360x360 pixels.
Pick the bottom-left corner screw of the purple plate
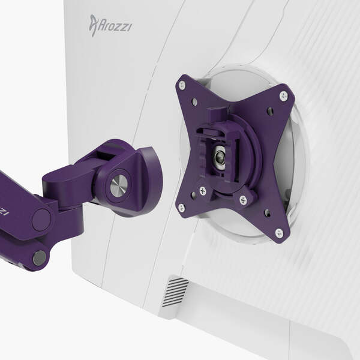pyautogui.click(x=181, y=208)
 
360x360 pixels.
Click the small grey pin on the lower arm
pyautogui.click(x=39, y=257)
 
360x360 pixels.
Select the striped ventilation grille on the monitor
pyautogui.click(x=175, y=292)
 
